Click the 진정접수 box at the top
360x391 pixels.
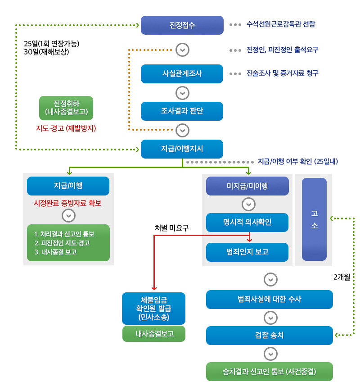click(182, 25)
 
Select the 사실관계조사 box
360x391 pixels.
click(182, 74)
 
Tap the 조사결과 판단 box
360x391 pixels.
click(182, 111)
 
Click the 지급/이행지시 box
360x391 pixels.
click(182, 149)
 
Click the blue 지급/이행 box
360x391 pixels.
click(68, 186)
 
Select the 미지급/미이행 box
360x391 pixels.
click(247, 186)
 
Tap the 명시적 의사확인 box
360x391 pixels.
click(247, 222)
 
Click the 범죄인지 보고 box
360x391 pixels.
click(247, 252)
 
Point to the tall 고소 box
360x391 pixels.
click(314, 219)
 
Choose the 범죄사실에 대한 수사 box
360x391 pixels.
click(270, 300)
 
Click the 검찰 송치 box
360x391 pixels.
click(270, 336)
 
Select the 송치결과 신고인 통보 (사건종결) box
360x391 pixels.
click(270, 372)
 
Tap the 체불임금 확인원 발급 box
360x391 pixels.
click(153, 309)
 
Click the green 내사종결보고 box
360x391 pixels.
click(153, 334)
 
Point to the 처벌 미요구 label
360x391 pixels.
click(171, 228)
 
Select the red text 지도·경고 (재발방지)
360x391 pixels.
click(66, 128)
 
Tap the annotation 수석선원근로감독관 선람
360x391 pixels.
click(281, 24)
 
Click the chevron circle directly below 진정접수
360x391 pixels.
click(182, 50)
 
